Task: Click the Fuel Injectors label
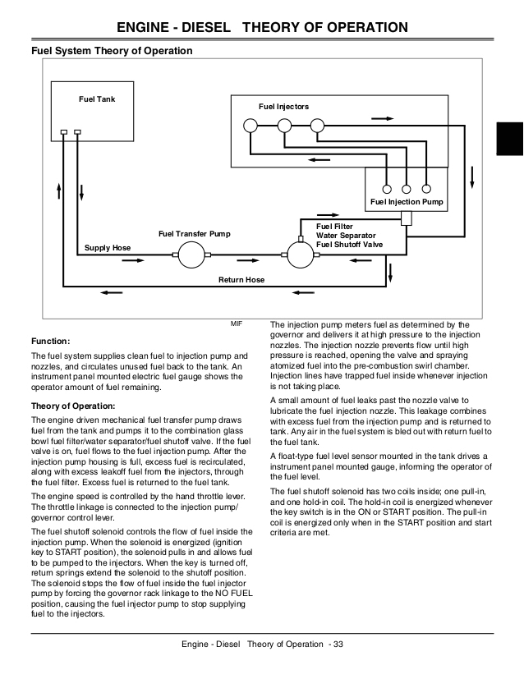tap(283, 106)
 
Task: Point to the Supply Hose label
tap(107, 247)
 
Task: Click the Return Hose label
tap(241, 280)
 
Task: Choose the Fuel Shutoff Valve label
tap(349, 245)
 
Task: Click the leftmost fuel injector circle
tap(251, 126)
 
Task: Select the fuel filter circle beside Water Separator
tap(296, 255)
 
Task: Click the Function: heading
tap(50, 341)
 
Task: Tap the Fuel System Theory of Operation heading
tap(112, 51)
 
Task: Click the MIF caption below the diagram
tap(237, 325)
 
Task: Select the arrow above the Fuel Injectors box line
tap(382, 118)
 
